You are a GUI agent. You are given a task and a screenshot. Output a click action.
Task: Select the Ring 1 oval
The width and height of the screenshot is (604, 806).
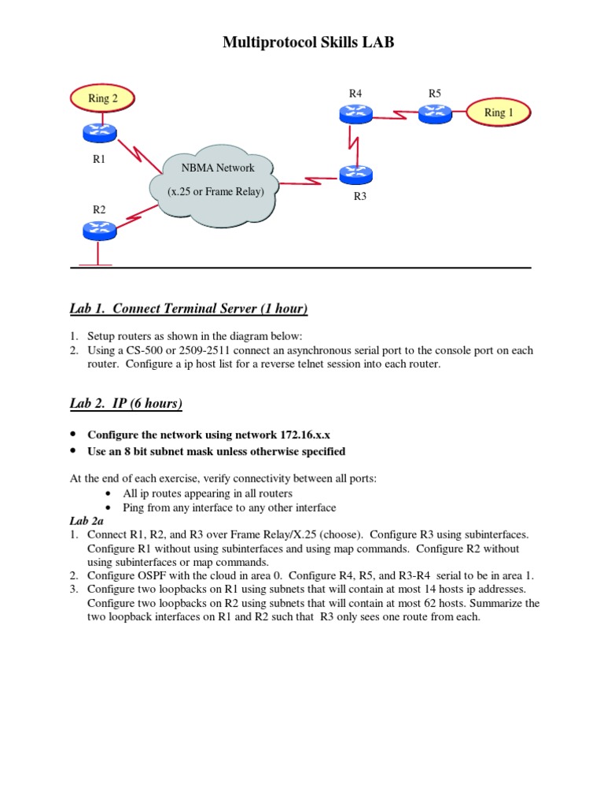[x=499, y=113]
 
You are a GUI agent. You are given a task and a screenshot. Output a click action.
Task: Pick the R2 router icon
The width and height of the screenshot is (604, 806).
[x=98, y=230]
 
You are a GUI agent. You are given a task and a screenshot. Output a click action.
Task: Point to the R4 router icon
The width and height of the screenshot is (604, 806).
[x=355, y=114]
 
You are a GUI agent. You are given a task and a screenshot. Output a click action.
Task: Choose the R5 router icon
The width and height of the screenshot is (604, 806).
[x=434, y=113]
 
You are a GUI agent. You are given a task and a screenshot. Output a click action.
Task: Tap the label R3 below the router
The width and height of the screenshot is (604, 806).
[x=360, y=197]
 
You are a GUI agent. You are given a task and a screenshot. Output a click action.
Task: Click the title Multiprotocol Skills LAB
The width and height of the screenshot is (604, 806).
[x=308, y=43]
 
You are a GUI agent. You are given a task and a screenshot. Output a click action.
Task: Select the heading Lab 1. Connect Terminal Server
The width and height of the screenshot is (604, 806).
[x=189, y=308]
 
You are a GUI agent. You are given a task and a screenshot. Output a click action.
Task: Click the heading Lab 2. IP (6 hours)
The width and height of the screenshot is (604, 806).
[x=126, y=404]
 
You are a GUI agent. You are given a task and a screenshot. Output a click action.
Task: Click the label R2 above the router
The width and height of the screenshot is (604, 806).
[x=99, y=209]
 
